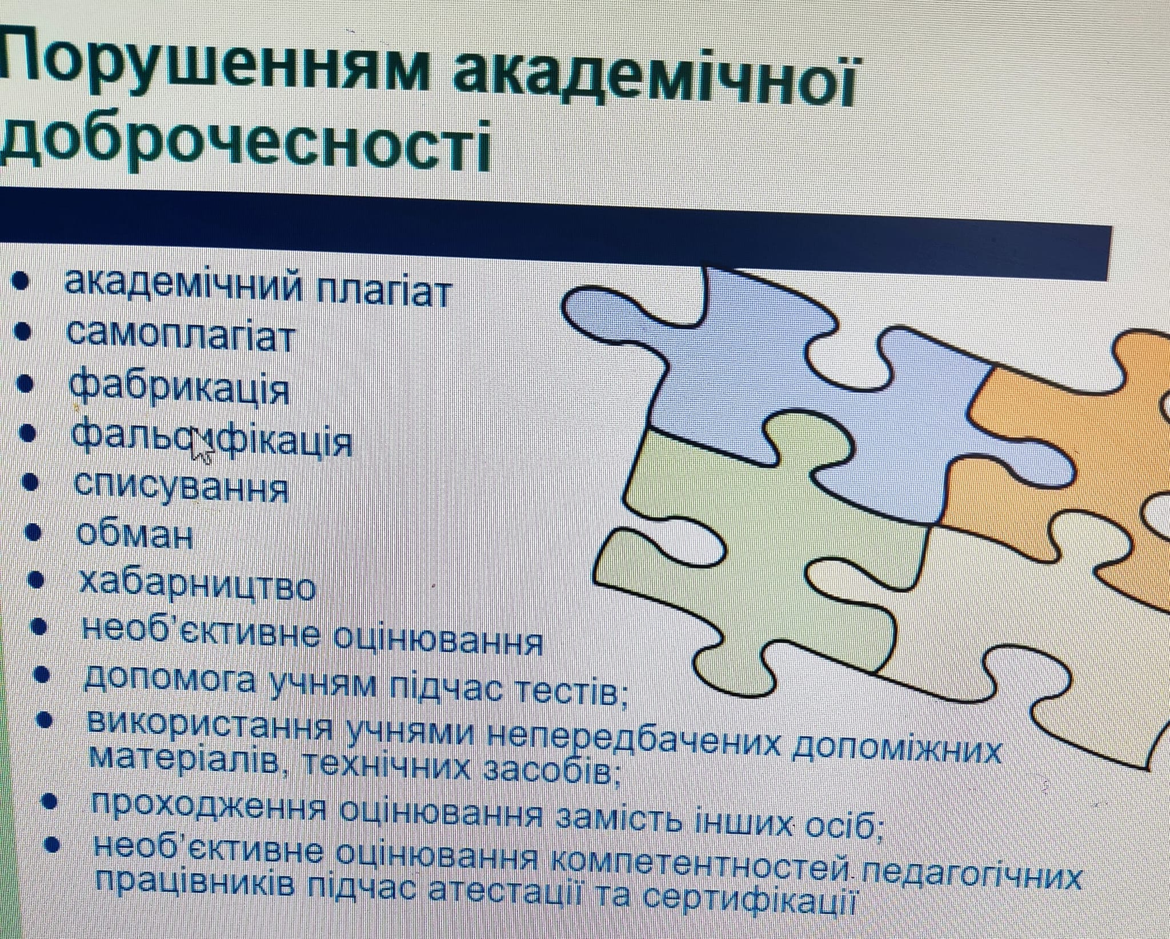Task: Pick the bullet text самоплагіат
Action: coord(181,337)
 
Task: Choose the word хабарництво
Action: coord(197,585)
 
